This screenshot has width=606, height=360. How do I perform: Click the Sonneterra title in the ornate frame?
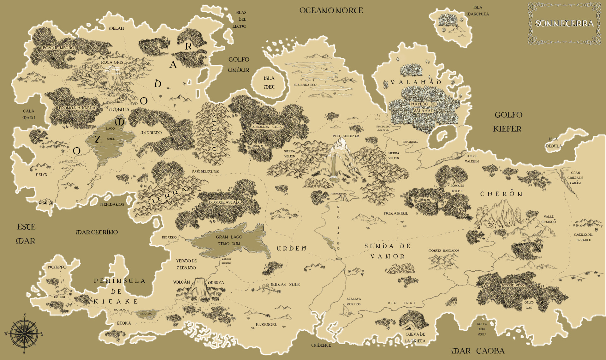click(564, 23)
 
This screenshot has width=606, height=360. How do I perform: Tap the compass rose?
click(24, 333)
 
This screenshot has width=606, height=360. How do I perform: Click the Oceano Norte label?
click(331, 10)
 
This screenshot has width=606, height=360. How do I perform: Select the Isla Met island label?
click(269, 82)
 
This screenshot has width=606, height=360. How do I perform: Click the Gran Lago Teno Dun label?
click(229, 240)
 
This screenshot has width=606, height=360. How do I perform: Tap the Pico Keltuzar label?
click(346, 136)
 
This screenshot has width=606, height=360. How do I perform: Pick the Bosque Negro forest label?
click(59, 48)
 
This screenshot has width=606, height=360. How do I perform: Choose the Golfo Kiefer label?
click(508, 122)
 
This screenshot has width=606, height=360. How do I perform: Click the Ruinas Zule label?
click(285, 285)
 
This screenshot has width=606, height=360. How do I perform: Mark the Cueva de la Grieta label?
click(415, 337)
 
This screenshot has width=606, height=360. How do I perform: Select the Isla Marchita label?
click(478, 11)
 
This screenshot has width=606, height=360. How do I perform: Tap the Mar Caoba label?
click(478, 351)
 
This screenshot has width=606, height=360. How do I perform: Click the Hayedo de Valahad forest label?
click(423, 107)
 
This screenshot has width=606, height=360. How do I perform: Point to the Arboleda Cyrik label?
click(267, 127)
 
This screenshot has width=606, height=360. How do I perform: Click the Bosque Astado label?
click(225, 202)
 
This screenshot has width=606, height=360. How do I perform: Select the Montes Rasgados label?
click(443, 251)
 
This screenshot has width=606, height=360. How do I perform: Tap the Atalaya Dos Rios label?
click(353, 301)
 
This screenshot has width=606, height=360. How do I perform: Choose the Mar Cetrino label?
click(97, 232)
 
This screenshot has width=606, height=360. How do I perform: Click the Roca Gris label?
click(112, 62)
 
